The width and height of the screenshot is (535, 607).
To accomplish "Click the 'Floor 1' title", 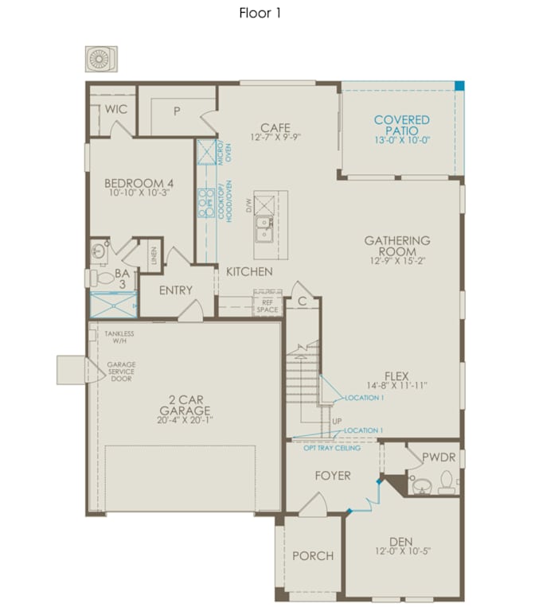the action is [x=260, y=14].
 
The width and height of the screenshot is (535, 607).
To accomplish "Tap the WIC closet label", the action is [x=115, y=109].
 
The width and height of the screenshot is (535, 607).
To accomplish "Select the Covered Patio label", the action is [x=402, y=125].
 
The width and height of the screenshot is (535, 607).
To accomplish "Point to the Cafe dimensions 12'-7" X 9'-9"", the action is [x=275, y=137].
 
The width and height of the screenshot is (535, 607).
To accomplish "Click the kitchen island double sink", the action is [x=264, y=230].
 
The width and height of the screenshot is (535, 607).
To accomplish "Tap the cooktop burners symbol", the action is [x=206, y=202].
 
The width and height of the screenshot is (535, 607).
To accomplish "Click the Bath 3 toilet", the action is [x=102, y=278].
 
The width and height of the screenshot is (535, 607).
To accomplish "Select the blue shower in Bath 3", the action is [x=114, y=305].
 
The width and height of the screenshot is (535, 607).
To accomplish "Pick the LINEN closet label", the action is [x=154, y=255].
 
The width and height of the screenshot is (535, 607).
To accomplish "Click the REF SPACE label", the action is [x=267, y=305].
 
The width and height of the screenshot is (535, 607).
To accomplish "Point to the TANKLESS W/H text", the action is [x=119, y=337].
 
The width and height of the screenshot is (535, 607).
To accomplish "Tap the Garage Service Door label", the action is [x=121, y=372].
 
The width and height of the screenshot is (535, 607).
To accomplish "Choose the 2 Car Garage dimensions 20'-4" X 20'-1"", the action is [x=185, y=420].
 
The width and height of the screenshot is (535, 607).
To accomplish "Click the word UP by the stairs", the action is [x=337, y=421].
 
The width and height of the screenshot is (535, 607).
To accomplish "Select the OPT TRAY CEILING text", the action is [x=332, y=448].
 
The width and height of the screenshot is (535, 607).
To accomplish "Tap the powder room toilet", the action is [x=447, y=482].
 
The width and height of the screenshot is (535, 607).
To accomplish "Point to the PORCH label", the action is [x=313, y=556].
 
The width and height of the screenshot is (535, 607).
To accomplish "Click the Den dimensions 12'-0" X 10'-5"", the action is [x=403, y=551].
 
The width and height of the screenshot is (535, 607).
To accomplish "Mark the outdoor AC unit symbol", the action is [x=101, y=59].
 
